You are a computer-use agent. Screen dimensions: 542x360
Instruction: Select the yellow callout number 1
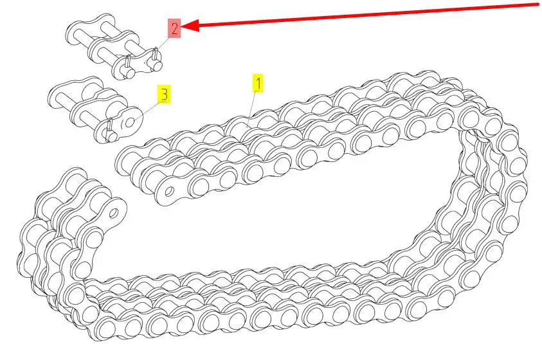(258, 84)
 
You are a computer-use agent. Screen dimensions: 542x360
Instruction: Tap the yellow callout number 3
(164, 94)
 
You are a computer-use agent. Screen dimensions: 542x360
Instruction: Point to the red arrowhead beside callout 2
(190, 25)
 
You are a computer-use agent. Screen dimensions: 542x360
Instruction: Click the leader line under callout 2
(157, 50)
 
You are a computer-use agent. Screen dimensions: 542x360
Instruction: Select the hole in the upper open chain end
(169, 191)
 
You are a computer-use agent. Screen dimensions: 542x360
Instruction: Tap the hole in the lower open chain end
(114, 213)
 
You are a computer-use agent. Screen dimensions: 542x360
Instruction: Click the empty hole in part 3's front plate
(130, 123)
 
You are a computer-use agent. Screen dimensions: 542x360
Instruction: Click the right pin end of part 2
(156, 64)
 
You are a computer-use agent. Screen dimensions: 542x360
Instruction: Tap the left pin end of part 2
(129, 73)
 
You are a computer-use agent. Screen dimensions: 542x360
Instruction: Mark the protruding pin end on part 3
(112, 136)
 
